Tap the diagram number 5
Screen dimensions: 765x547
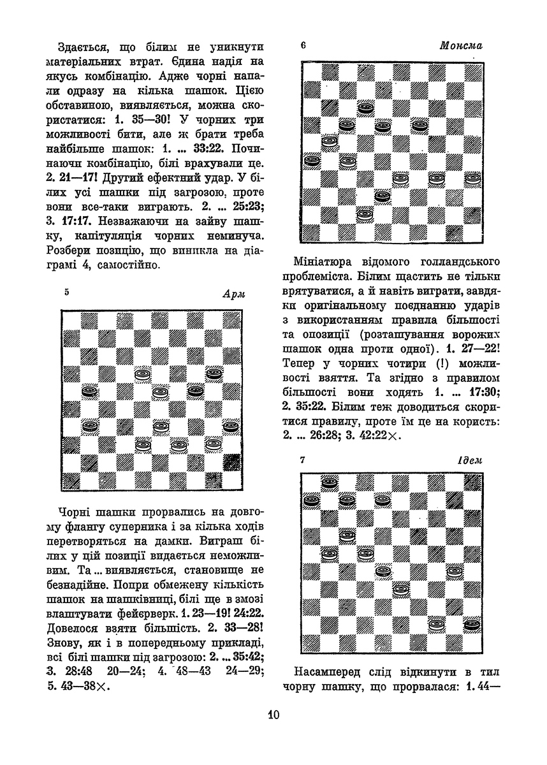pyautogui.click(x=67, y=292)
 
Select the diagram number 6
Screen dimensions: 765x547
pyautogui.click(x=303, y=45)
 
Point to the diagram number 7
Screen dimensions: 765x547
pyautogui.click(x=303, y=459)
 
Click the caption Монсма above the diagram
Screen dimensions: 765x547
pyautogui.click(x=461, y=46)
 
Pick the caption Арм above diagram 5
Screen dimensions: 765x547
pyautogui.click(x=233, y=294)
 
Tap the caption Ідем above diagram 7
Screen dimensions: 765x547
pyautogui.click(x=470, y=460)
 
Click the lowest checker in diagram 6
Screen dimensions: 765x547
pyautogui.click(x=365, y=215)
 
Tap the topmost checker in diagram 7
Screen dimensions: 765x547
pyautogui.click(x=330, y=483)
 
